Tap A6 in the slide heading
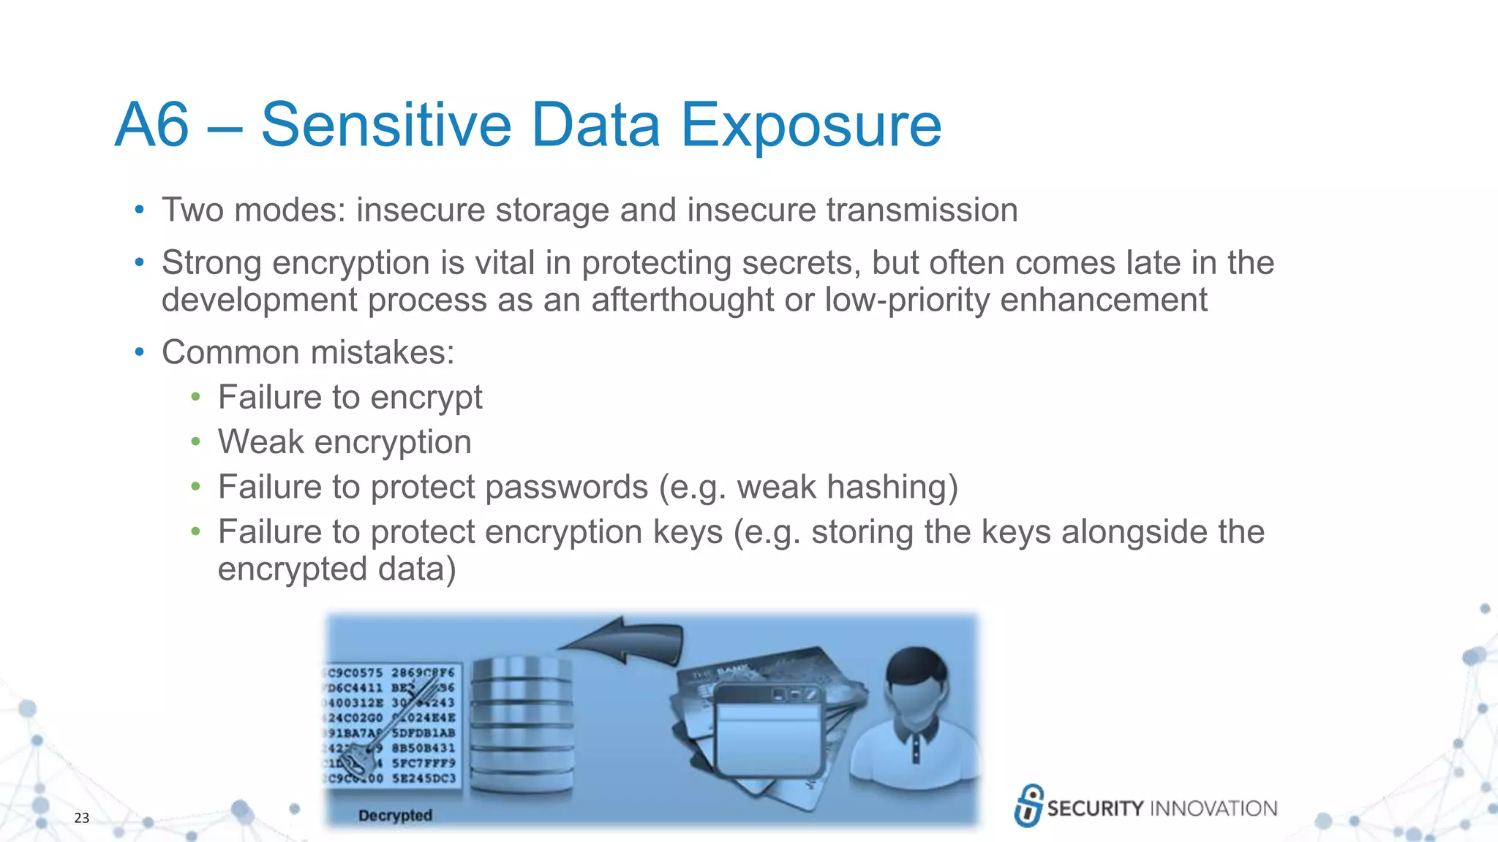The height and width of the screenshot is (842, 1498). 152,126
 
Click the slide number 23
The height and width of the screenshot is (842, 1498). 81,818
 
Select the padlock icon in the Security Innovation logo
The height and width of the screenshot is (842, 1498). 1029,805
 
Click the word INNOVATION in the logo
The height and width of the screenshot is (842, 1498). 1213,808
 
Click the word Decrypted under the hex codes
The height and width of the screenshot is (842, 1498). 395,815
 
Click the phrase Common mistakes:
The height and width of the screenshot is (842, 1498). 308,352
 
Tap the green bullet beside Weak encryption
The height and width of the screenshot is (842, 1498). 195,441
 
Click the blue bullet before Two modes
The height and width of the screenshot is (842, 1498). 139,210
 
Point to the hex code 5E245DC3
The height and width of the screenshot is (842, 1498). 424,778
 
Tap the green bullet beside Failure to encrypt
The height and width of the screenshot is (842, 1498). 195,397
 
